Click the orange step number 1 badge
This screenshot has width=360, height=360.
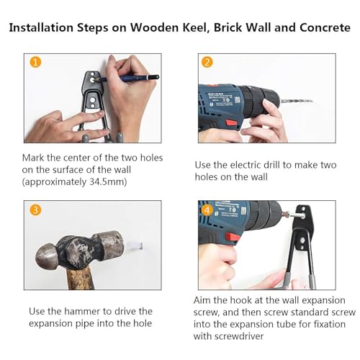tap(35, 63)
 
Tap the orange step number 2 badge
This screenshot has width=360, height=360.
tap(207, 63)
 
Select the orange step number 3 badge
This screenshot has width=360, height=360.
tap(35, 210)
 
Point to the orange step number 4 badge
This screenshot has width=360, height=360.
tap(207, 210)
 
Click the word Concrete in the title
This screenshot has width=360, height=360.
tap(325, 27)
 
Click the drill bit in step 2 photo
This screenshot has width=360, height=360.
tap(297, 101)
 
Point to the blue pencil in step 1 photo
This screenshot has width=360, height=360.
tap(128, 78)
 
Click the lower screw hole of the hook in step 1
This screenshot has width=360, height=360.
tap(92, 99)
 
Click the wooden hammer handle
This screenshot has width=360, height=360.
tap(80, 279)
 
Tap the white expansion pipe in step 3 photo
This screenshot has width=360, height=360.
tap(135, 246)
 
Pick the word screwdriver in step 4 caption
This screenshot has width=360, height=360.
tap(239, 336)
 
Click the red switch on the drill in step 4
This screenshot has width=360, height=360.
tap(233, 238)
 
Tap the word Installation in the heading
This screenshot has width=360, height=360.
tap(41, 27)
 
